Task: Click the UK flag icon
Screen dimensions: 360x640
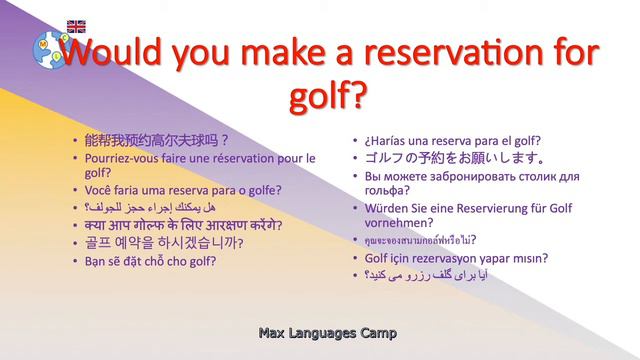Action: click(x=76, y=26)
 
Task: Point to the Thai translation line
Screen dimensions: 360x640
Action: click(x=420, y=241)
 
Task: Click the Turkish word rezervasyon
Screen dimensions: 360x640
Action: click(x=442, y=258)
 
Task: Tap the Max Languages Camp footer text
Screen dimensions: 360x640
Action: click(x=326, y=332)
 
